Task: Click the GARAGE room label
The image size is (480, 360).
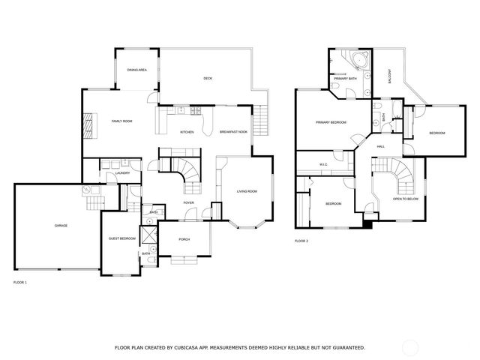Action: coord(61,226)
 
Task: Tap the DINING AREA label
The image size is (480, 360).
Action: coord(136,70)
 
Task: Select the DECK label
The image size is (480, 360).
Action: coord(208,79)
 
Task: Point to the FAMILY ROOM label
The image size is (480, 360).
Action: coord(122,121)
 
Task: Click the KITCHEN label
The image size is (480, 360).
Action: coord(187,133)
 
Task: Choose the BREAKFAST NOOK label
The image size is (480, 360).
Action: coord(233,133)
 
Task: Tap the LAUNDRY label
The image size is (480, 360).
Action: coord(123,173)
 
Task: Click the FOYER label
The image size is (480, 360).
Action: coord(189,202)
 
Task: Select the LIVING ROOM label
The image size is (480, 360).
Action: coord(247,191)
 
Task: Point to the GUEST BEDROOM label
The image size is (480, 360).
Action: coord(122,238)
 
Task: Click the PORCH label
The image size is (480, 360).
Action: coord(184,239)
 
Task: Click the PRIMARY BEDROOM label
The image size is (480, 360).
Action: coord(330,121)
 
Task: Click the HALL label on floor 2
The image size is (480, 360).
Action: coord(380,146)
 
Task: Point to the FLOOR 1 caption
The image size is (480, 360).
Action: coord(20,283)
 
